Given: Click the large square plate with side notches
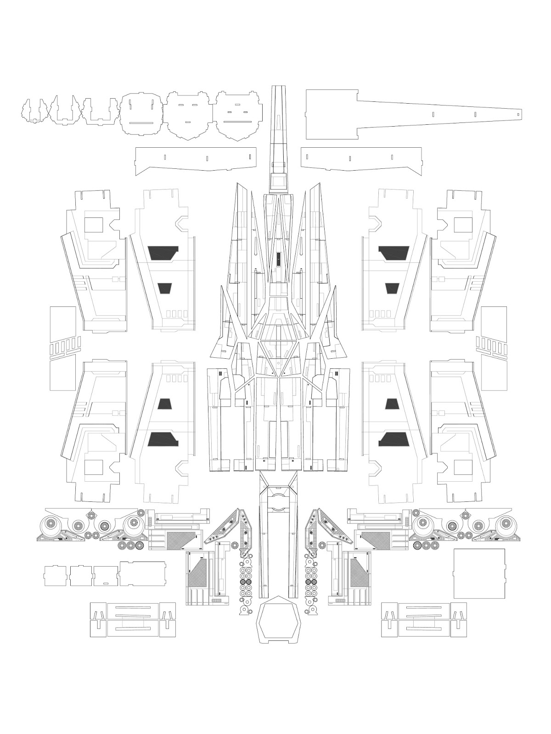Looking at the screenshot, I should pyautogui.click(x=478, y=573).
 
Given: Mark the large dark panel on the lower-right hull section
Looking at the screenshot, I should pyautogui.click(x=394, y=439).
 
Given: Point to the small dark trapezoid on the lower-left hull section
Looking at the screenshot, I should pyautogui.click(x=164, y=404).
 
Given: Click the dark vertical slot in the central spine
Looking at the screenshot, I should pyautogui.click(x=278, y=259).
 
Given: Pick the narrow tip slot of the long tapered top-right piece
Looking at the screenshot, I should pyautogui.click(x=517, y=113).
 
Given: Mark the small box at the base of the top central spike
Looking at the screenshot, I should pyautogui.click(x=278, y=180).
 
